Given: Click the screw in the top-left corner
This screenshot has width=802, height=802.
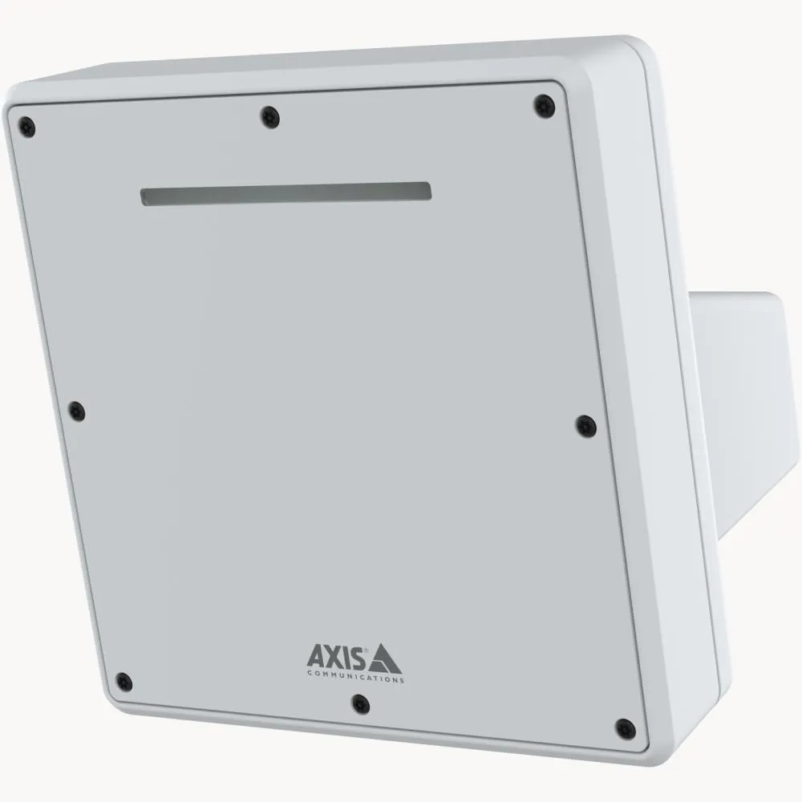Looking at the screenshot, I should [x=27, y=126].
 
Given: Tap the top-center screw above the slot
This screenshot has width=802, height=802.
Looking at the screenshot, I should [x=270, y=117].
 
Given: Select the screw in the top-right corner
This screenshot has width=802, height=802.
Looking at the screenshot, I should [x=545, y=104].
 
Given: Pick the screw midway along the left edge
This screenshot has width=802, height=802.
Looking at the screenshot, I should [x=76, y=411].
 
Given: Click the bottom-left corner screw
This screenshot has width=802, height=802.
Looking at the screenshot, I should [x=124, y=683].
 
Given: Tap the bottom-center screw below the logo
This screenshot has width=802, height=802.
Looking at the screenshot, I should [x=361, y=703].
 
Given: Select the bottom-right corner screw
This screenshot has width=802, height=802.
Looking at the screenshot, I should [x=625, y=729].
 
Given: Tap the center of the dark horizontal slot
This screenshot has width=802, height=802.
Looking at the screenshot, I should [x=286, y=193].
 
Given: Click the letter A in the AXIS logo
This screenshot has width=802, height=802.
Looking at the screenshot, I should [x=315, y=656].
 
